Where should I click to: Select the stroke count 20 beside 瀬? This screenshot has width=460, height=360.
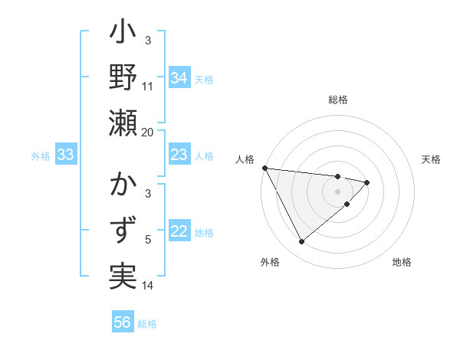click(148, 132)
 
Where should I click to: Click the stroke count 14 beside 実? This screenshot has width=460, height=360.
click(148, 286)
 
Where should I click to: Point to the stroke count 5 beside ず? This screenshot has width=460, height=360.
click(149, 240)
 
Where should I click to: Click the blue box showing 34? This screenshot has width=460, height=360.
click(179, 78)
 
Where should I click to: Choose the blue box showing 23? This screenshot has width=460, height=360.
click(179, 155)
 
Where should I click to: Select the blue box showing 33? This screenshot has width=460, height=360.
click(65, 155)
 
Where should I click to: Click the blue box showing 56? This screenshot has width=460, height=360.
click(123, 322)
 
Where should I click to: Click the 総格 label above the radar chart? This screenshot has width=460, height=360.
click(338, 100)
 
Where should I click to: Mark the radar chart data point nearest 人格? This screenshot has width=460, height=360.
click(264, 168)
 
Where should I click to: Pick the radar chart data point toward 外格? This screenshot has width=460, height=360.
click(301, 242)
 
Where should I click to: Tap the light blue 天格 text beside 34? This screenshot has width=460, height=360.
click(204, 79)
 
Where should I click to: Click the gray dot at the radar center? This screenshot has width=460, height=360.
click(338, 191)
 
